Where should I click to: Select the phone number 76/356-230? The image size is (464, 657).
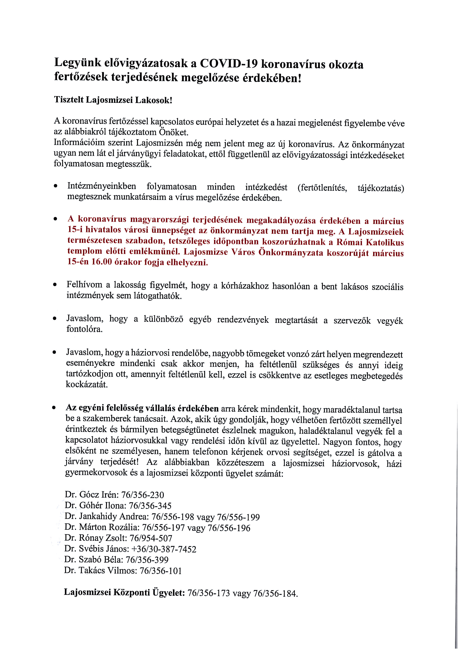(142, 495)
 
